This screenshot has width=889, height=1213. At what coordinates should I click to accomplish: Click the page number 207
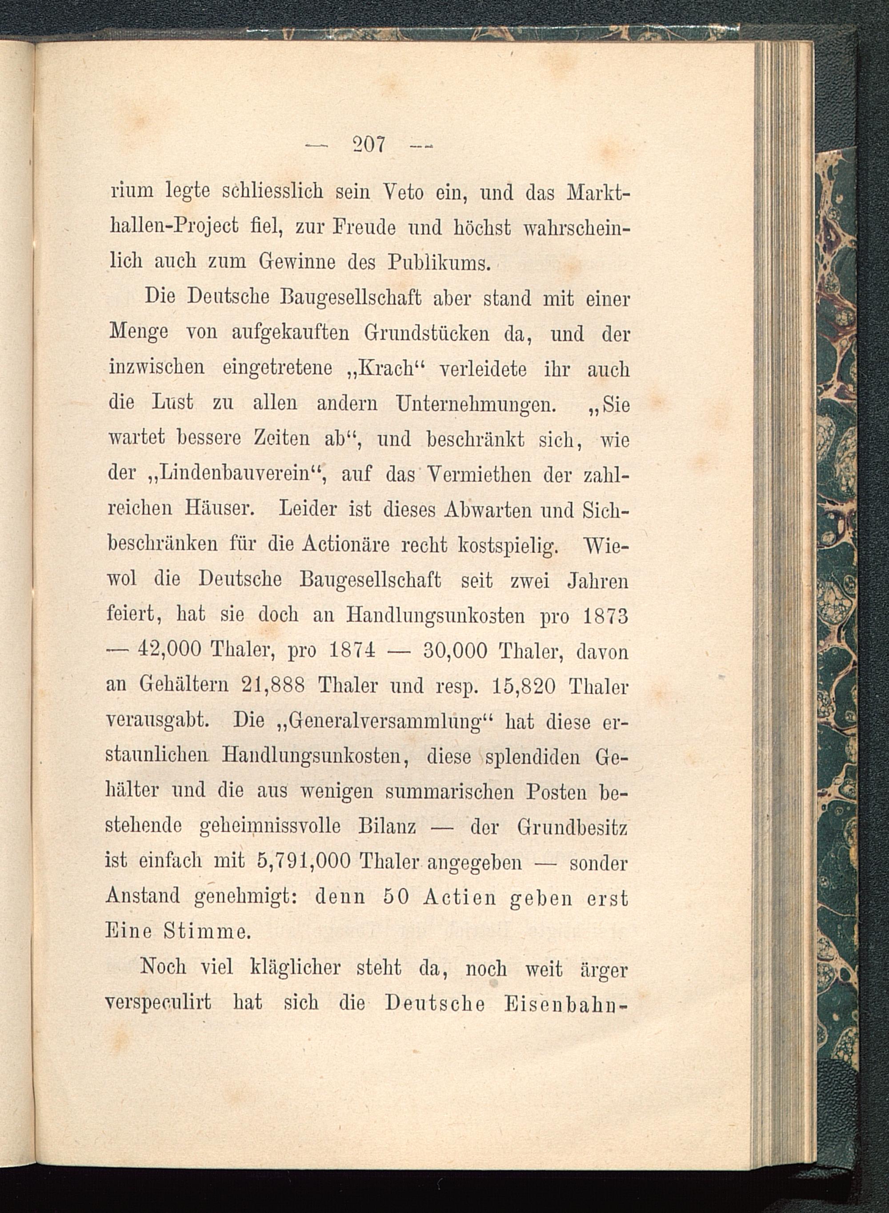[368, 145]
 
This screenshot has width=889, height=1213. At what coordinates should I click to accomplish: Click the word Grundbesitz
[572, 826]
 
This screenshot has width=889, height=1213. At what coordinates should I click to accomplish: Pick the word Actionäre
[345, 544]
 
